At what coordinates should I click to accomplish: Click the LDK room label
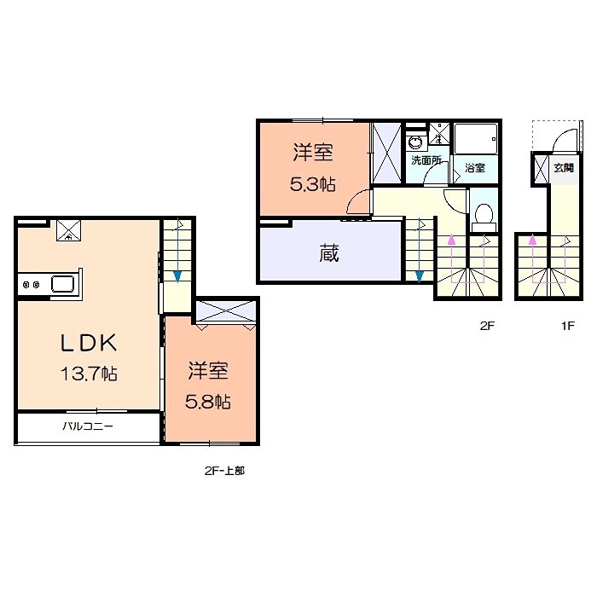87,343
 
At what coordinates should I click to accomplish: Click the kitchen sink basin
64,284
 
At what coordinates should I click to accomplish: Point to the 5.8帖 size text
210,401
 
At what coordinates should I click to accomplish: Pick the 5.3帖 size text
313,184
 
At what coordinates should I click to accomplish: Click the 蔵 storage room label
329,253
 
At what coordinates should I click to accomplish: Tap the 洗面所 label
426,160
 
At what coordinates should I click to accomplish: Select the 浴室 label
475,168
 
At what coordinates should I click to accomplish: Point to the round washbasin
415,142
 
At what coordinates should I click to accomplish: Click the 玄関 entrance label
563,168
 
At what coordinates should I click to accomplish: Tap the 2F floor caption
486,324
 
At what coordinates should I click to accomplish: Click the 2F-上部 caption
223,470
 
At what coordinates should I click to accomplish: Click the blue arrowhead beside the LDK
177,275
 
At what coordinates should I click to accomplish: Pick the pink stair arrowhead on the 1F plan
533,241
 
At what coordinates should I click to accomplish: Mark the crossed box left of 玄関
542,170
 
